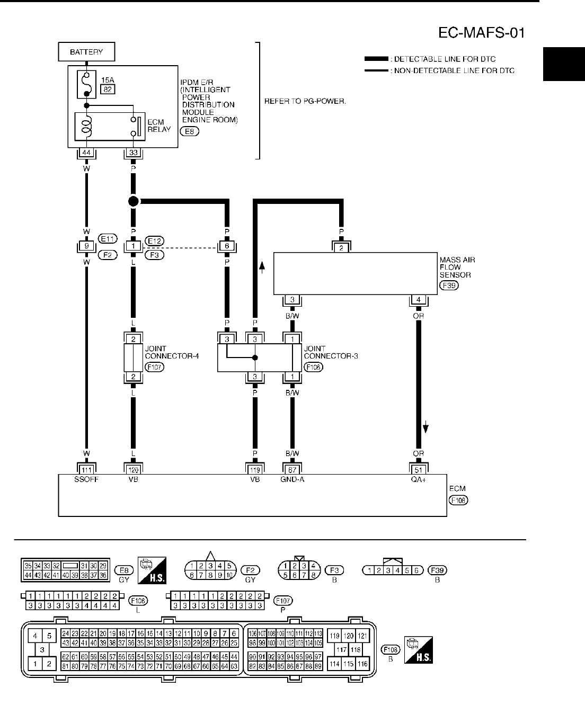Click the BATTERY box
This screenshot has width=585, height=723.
[86, 52]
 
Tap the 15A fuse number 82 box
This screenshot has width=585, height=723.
[108, 89]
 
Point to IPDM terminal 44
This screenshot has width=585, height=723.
[86, 153]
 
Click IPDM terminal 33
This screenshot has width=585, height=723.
[133, 153]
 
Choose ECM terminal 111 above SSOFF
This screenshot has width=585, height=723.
[86, 469]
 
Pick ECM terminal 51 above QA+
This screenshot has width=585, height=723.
[419, 469]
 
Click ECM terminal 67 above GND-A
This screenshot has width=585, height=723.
[292, 469]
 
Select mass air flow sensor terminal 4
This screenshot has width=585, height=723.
[419, 300]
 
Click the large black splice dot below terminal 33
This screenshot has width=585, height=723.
[133, 201]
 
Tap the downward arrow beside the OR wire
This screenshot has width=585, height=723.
[426, 427]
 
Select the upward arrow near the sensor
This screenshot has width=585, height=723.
[262, 268]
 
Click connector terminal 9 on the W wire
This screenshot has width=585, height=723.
[86, 246]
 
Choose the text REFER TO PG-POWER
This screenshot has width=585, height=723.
[305, 101]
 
